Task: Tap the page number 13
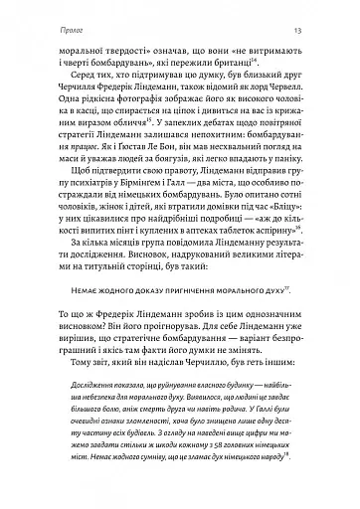(x=311, y=14)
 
